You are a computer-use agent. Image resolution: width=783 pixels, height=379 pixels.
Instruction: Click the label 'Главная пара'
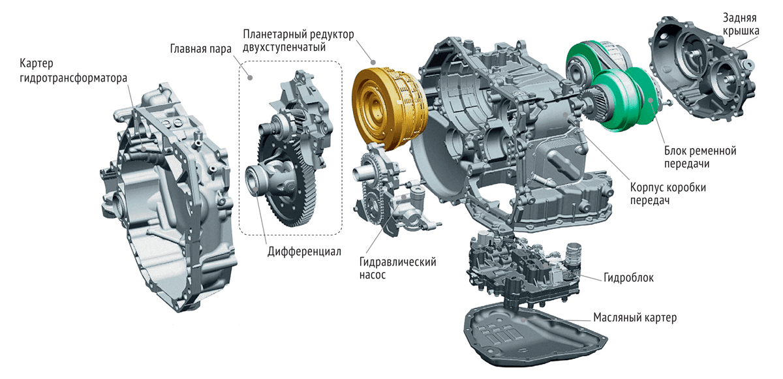pyautogui.click(x=201, y=49)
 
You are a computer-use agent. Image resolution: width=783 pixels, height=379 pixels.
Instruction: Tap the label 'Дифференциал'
pyautogui.click(x=304, y=252)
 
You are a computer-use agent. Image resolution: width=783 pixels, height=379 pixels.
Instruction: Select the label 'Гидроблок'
pyautogui.click(x=628, y=278)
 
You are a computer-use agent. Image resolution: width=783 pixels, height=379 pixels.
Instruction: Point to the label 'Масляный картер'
pyautogui.click(x=635, y=318)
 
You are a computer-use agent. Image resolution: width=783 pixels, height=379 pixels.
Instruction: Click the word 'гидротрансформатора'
pyautogui.click(x=73, y=78)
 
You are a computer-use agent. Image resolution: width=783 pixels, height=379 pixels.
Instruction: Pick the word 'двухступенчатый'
pyautogui.click(x=284, y=47)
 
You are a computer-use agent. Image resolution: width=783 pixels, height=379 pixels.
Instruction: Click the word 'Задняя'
pyautogui.click(x=739, y=18)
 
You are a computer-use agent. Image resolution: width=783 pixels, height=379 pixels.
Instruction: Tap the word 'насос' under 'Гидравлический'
pyautogui.click(x=373, y=275)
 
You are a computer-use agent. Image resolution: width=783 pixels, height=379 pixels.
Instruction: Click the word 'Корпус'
pyautogui.click(x=646, y=188)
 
